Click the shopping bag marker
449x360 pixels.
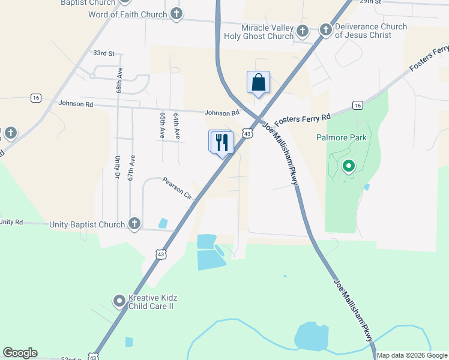(258, 82)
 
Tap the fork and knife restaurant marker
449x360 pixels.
(223, 142)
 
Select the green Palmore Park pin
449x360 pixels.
(348, 166)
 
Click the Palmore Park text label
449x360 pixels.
(341, 137)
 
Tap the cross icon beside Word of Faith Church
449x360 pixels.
(176, 14)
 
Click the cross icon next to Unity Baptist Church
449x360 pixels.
(134, 224)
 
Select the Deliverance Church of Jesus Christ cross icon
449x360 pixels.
(326, 29)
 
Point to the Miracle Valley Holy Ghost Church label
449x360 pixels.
(259, 32)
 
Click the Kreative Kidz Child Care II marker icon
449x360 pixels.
(119, 301)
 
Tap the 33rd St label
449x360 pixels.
(103, 53)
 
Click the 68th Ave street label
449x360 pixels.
(119, 80)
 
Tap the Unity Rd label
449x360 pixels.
(11, 222)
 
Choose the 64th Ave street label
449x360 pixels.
(176, 126)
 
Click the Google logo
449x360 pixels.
(20, 353)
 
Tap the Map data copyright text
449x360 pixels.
(412, 355)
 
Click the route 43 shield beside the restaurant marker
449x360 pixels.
(247, 134)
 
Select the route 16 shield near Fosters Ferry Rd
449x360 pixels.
(358, 106)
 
